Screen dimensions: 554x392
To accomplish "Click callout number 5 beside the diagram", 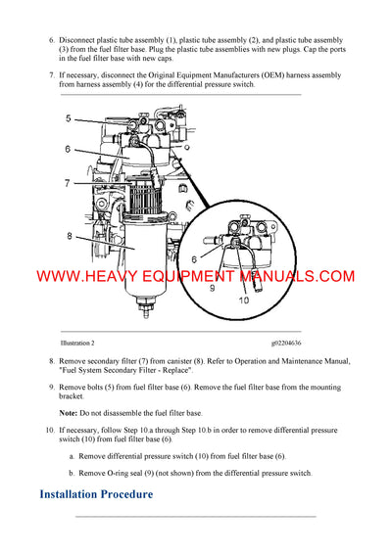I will tap(69, 118).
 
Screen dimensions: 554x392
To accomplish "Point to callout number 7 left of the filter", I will tap(69, 183).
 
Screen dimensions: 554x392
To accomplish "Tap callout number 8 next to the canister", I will tap(69, 236).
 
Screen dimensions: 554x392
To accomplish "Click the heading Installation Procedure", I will tap(96, 494).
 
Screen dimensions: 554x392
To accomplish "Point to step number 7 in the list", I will tap(51, 75).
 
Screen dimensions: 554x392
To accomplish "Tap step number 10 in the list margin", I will tap(49, 431).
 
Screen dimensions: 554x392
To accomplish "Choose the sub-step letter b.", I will tap(71, 473).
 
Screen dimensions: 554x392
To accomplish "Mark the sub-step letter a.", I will tap(71, 456).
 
